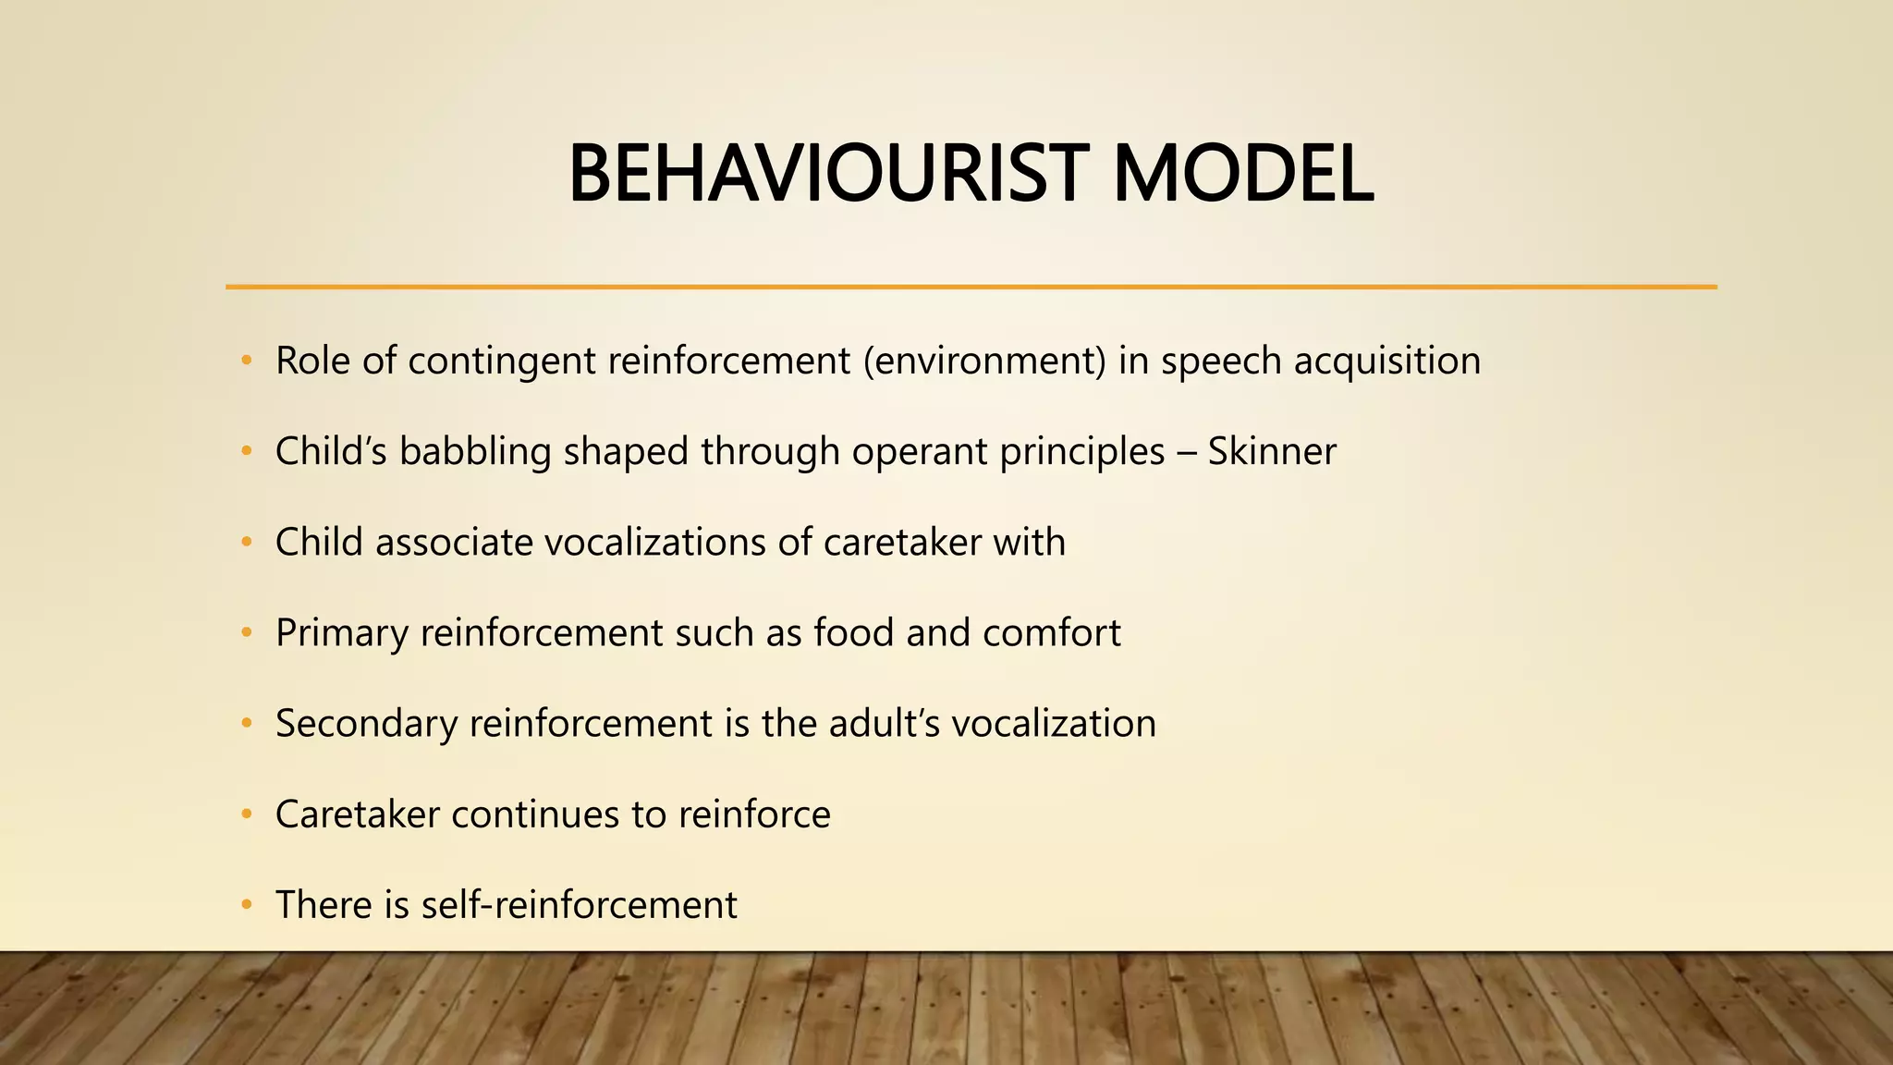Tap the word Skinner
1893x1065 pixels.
coord(1272,452)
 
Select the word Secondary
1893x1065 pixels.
coord(366,724)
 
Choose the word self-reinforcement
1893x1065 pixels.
coord(579,905)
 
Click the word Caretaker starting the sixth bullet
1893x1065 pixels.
coord(357,814)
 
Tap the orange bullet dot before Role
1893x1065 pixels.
coord(246,361)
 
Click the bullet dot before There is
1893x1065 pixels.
coord(246,905)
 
